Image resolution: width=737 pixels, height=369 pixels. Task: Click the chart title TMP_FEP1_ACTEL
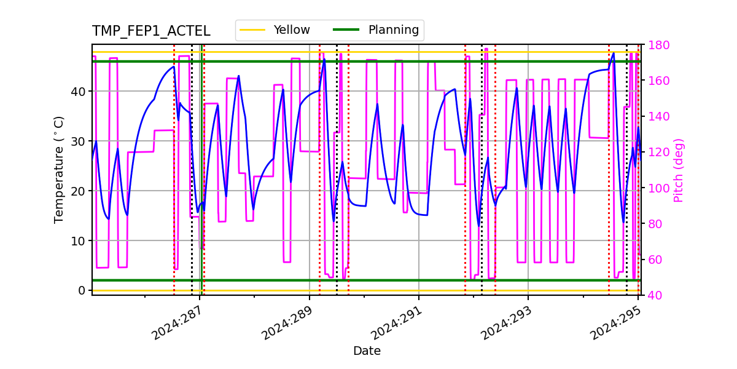(151, 31)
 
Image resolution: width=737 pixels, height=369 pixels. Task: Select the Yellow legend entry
(292, 30)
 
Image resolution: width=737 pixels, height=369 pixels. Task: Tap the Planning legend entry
(393, 30)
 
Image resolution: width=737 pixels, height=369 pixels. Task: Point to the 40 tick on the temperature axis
(77, 92)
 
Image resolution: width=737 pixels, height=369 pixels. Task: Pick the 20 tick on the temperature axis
(77, 191)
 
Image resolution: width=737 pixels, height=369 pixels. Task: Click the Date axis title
(367, 351)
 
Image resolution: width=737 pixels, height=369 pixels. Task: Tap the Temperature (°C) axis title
(59, 169)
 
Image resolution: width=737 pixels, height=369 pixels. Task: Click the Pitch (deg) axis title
(679, 170)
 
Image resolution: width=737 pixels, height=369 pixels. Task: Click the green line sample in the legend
(346, 30)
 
